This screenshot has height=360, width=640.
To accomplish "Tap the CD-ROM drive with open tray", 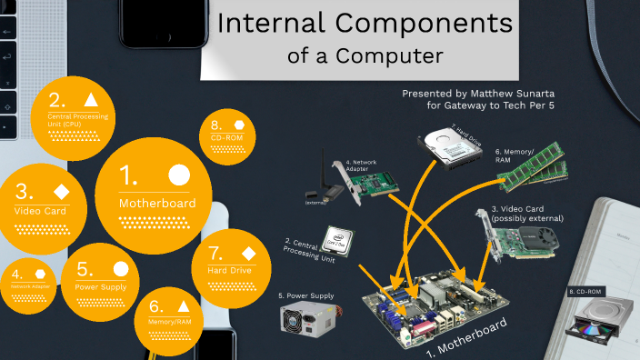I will coord(597,324).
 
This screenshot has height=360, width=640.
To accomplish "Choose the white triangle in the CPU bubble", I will coord(89,99).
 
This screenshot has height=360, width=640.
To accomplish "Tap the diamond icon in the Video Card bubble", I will coord(61,191).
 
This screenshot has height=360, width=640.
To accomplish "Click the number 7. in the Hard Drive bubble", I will coord(215,252).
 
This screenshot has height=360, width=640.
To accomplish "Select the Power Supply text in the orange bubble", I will coord(100,287).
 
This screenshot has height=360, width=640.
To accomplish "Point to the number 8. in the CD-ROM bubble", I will coord(215,125).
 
